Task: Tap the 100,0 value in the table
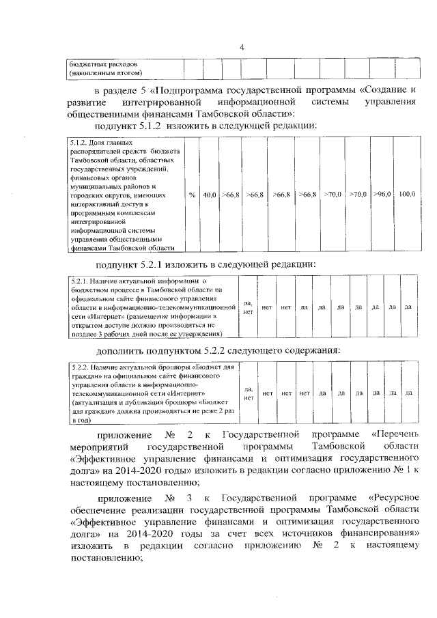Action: [x=407, y=195]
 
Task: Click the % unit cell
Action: [x=192, y=195]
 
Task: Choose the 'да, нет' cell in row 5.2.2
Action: [x=249, y=393]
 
